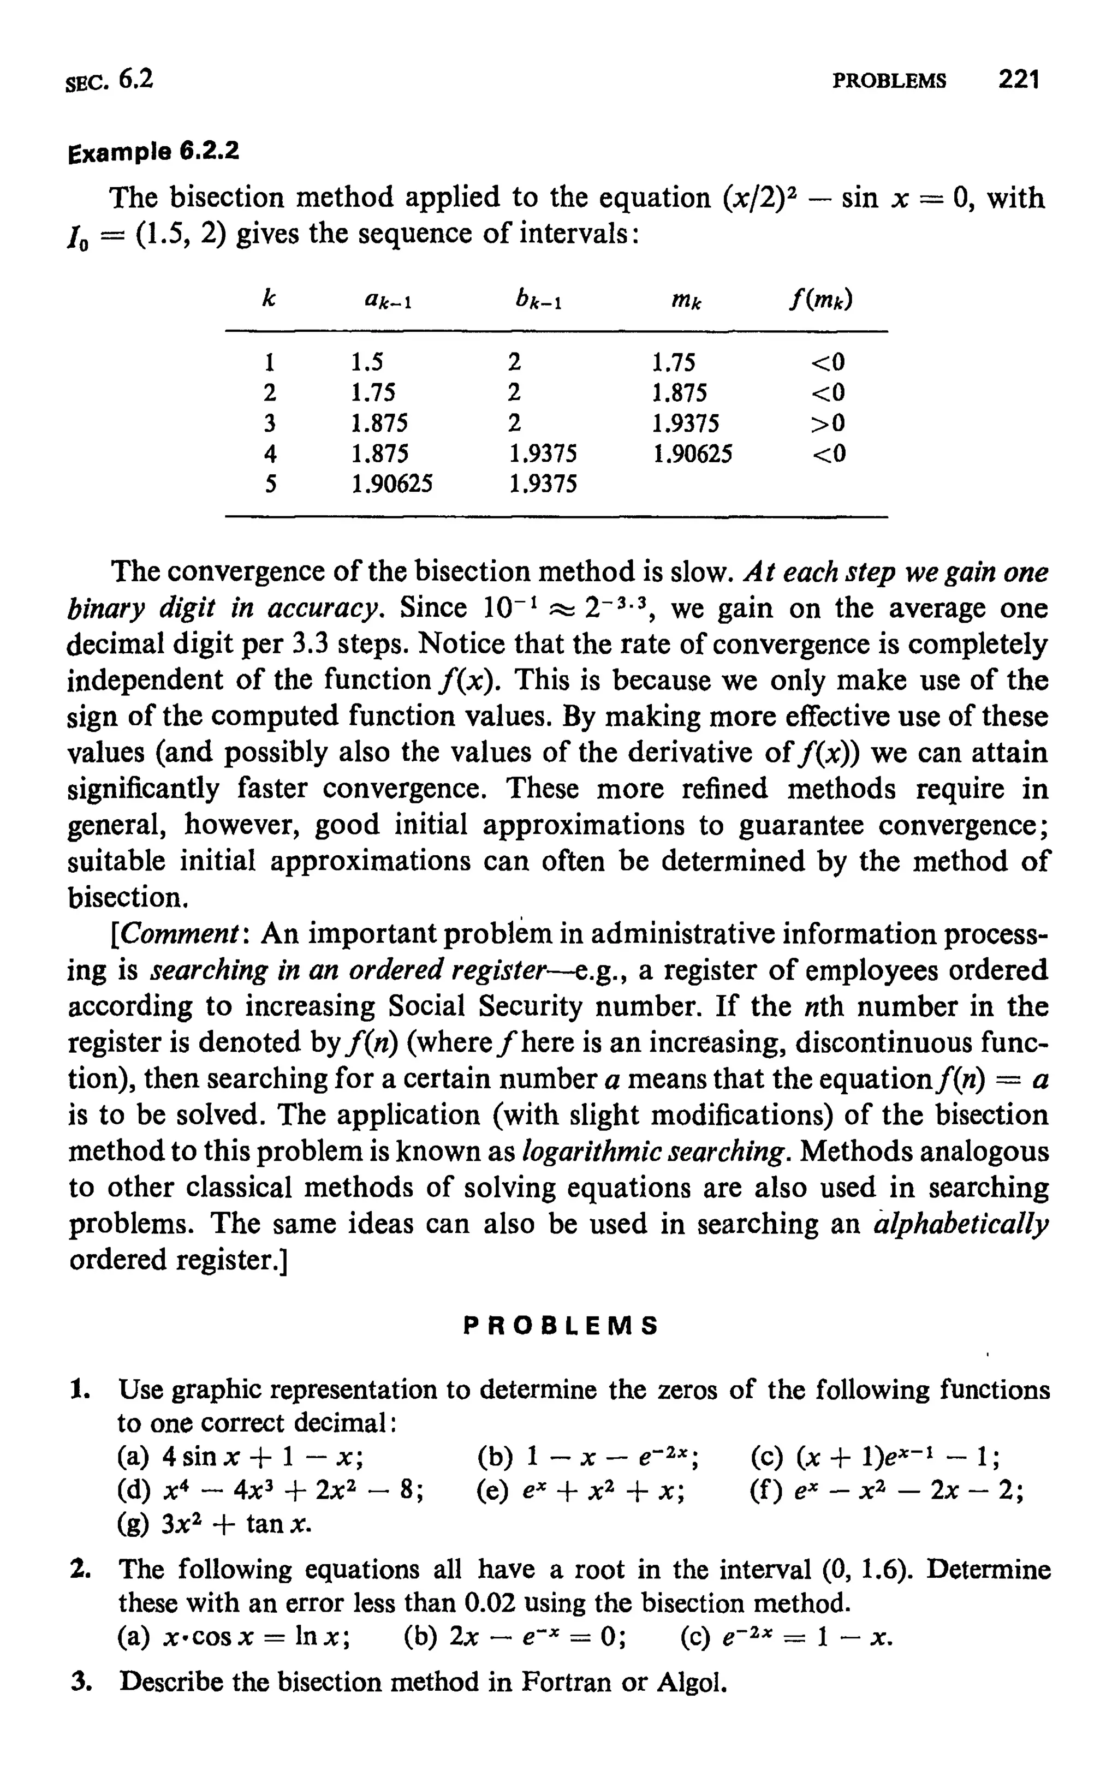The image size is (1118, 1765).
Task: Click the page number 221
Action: pos(1019,79)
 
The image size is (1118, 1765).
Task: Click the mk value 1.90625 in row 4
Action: pos(692,455)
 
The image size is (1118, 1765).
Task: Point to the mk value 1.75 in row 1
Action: pos(673,362)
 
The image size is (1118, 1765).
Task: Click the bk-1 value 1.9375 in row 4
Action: pos(543,455)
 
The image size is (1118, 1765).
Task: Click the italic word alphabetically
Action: pos(962,1224)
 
